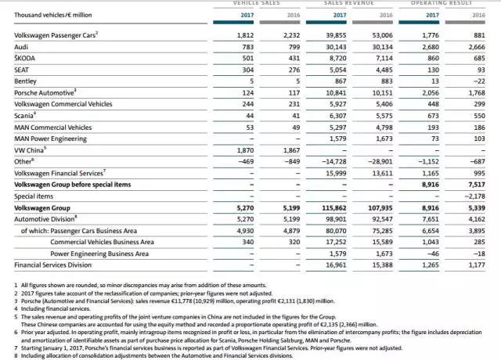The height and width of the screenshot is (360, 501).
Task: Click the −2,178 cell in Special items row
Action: pos(476,196)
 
